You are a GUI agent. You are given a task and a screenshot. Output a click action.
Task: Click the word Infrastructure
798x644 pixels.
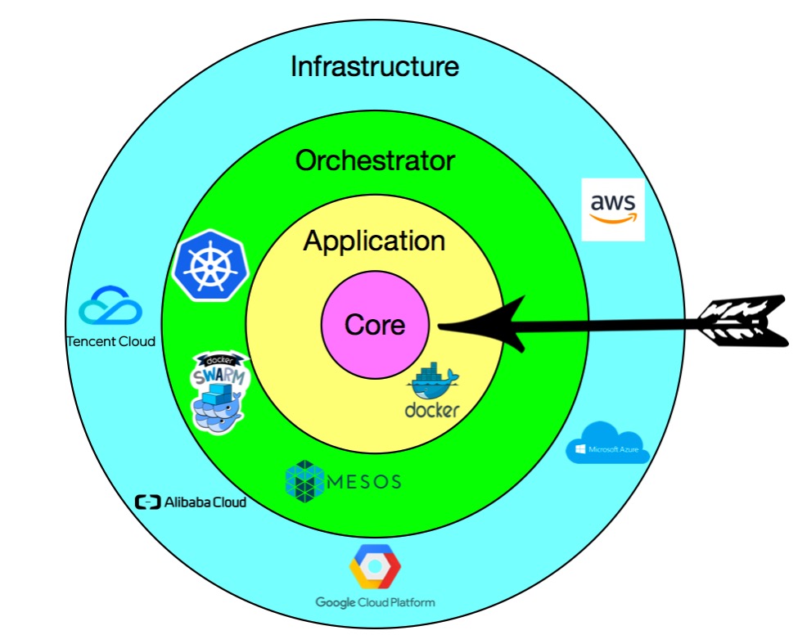click(x=375, y=66)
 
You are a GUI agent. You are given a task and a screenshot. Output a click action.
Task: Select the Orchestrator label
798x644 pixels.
click(x=375, y=161)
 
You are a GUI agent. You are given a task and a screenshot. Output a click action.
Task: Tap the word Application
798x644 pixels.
click(x=375, y=241)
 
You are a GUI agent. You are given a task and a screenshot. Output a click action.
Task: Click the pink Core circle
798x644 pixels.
click(x=375, y=326)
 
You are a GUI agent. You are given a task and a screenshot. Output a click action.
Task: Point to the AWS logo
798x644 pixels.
click(x=613, y=209)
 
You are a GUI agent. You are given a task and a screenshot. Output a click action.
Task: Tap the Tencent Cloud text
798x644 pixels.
click(x=110, y=341)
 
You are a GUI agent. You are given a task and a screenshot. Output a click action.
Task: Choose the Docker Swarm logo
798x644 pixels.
click(x=219, y=392)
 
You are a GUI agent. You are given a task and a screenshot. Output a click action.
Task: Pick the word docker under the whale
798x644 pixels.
click(x=432, y=410)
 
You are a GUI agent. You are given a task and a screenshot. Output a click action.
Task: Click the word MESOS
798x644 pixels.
click(x=363, y=481)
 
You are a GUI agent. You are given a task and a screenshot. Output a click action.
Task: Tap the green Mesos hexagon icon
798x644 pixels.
click(x=304, y=480)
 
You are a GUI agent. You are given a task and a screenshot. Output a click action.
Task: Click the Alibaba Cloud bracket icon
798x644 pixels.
click(x=148, y=502)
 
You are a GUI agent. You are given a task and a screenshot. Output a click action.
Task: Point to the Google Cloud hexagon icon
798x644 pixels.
click(x=376, y=566)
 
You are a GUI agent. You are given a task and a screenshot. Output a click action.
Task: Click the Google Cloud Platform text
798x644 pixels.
click(x=376, y=602)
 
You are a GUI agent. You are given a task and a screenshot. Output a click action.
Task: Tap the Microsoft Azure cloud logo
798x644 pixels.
click(x=607, y=443)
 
